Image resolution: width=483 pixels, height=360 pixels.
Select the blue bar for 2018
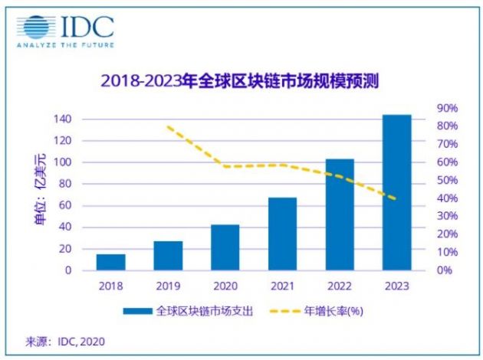[110, 262]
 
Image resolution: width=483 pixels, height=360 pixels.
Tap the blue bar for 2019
[168, 256]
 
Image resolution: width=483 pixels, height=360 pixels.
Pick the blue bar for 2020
[225, 247]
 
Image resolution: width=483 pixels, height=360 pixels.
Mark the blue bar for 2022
[339, 214]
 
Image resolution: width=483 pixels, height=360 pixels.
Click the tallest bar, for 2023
[396, 192]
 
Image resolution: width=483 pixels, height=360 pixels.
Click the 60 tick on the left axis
[66, 206]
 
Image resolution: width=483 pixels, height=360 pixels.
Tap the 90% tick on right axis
[448, 108]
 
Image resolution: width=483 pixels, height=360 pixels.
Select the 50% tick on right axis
[448, 181]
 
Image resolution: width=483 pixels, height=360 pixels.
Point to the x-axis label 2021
[282, 286]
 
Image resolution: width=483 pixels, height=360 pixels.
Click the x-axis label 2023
[396, 286]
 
